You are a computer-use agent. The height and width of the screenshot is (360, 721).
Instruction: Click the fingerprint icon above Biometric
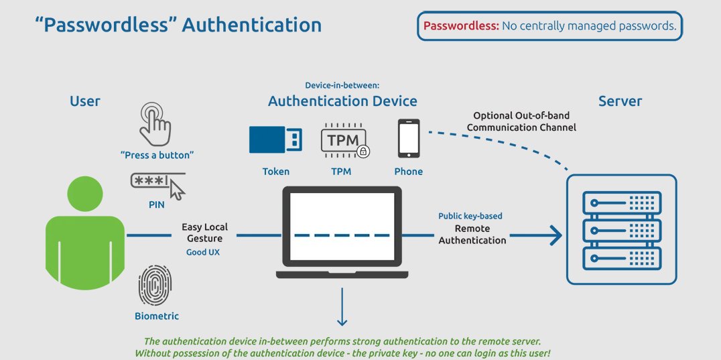click(x=155, y=285)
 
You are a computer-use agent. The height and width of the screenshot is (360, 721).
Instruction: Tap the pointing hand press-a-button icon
click(x=155, y=124)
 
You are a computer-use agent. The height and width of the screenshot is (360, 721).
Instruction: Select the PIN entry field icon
click(x=157, y=185)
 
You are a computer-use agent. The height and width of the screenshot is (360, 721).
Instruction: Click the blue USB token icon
click(x=275, y=139)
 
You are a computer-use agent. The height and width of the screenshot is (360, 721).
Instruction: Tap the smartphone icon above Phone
click(x=408, y=138)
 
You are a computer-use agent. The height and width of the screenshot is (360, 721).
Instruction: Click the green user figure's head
click(x=85, y=194)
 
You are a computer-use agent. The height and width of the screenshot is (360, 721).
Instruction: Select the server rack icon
click(x=622, y=229)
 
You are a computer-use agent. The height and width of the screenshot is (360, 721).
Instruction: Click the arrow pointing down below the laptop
click(x=342, y=306)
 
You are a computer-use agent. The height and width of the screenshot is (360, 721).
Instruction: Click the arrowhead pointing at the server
click(x=556, y=235)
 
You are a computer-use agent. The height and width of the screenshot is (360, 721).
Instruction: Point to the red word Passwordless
click(x=460, y=25)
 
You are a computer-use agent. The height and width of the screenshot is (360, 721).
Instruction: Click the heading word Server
click(x=620, y=101)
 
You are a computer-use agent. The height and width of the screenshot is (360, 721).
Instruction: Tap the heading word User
click(x=85, y=101)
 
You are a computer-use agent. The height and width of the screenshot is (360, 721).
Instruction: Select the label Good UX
click(x=203, y=252)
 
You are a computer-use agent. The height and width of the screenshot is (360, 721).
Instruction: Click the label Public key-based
click(x=470, y=216)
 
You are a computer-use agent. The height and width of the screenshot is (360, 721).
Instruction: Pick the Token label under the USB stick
click(x=276, y=172)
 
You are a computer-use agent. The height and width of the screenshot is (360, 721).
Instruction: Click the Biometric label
click(x=157, y=316)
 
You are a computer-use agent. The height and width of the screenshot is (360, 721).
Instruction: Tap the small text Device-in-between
click(x=342, y=86)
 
